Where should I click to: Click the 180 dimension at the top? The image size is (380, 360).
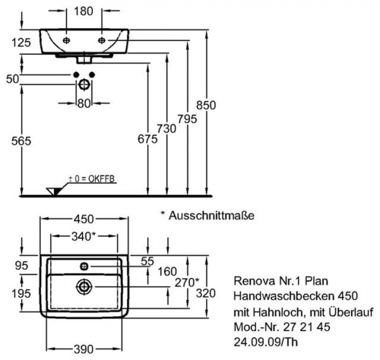(84, 11)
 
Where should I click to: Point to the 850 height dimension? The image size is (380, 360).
(206, 106)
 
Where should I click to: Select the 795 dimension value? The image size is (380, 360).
(187, 119)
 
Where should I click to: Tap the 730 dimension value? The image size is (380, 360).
(166, 128)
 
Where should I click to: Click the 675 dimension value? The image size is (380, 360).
(147, 139)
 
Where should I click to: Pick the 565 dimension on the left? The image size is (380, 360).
(21, 141)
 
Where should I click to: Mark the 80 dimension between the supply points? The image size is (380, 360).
(84, 103)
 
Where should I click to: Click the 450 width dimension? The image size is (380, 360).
(84, 219)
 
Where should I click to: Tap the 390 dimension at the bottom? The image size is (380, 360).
(84, 349)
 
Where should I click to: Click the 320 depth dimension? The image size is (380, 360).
(206, 293)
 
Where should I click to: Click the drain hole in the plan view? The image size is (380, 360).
(84, 287)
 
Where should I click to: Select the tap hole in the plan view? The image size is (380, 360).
(84, 267)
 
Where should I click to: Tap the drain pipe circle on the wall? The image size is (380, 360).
(84, 84)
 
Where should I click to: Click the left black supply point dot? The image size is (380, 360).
(76, 74)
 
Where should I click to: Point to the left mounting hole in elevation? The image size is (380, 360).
(66, 40)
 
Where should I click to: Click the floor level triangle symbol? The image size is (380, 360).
(54, 191)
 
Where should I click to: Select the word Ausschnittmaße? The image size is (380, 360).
(211, 216)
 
